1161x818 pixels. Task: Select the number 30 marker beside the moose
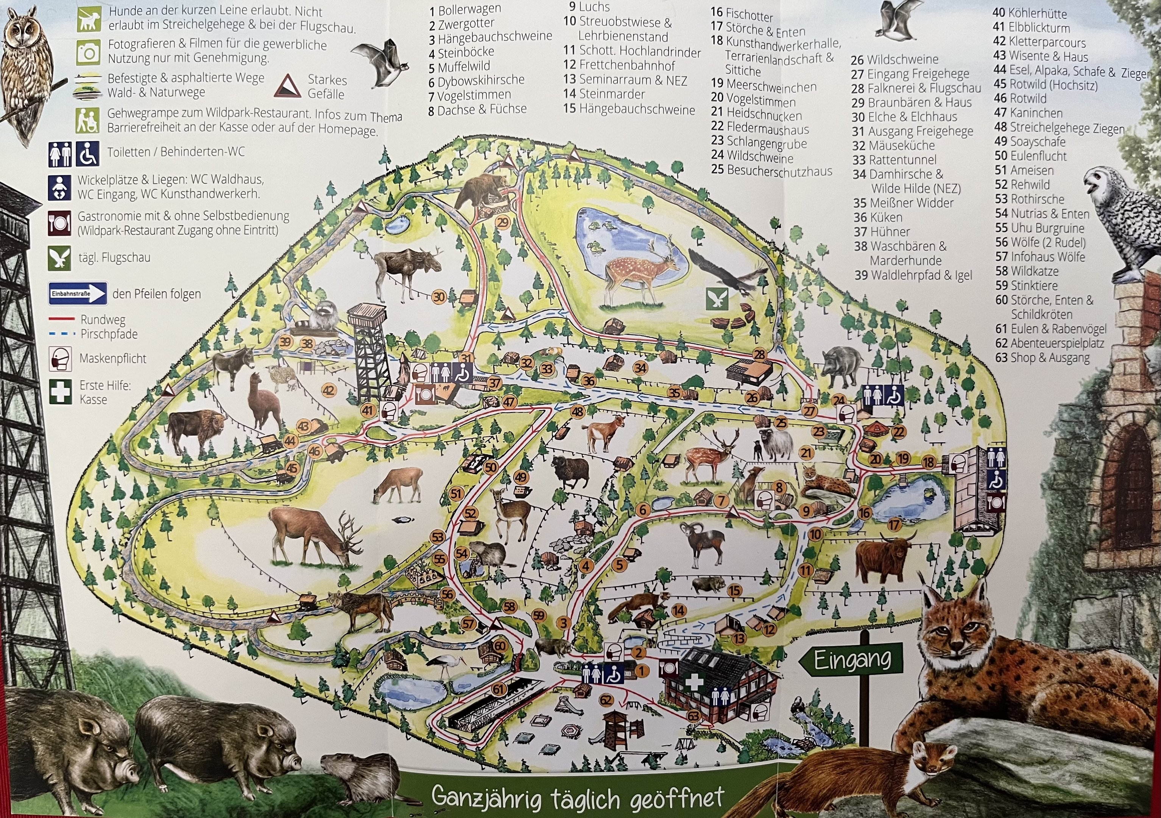point(439,297)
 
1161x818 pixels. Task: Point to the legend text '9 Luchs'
point(589,6)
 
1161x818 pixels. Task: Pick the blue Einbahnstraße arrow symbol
point(78,293)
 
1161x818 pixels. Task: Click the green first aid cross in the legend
point(60,392)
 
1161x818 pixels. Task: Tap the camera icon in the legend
point(89,52)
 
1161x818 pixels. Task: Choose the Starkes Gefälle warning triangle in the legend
point(287,86)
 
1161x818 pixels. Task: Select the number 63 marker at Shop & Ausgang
point(694,716)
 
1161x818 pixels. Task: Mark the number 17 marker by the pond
point(894,525)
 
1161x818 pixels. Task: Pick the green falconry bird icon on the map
point(717,300)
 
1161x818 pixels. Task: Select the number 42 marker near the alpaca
point(329,390)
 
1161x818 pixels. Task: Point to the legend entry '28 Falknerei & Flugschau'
point(916,88)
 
